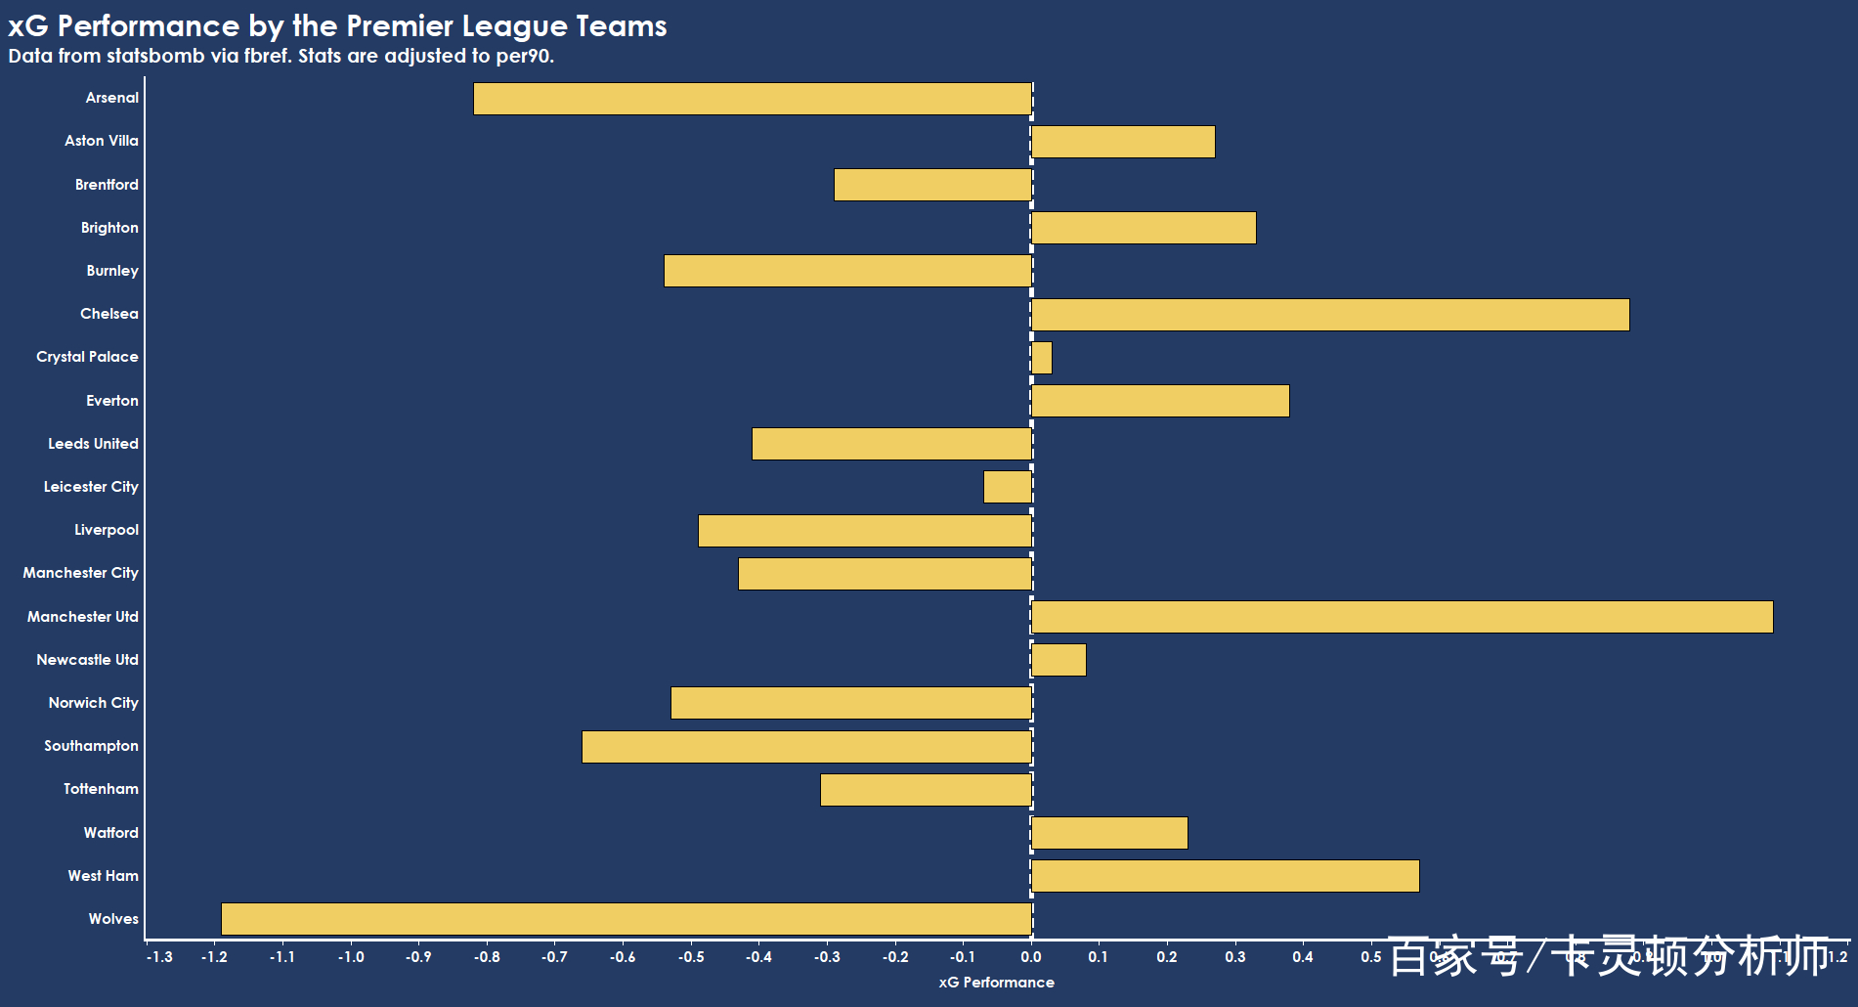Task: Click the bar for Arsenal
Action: [x=753, y=99]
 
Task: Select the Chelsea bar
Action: [x=1329, y=315]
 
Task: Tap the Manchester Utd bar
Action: [x=1402, y=617]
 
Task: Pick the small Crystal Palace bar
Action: [x=1042, y=358]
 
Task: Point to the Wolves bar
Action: [x=627, y=919]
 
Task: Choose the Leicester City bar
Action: [x=1008, y=487]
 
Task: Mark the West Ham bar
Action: [x=1225, y=876]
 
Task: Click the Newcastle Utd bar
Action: [x=1059, y=660]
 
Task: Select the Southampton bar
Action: [x=806, y=747]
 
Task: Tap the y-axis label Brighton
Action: [x=109, y=228]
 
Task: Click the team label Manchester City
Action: [x=80, y=573]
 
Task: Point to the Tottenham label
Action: [x=101, y=789]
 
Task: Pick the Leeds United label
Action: [x=93, y=444]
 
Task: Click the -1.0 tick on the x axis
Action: [x=351, y=957]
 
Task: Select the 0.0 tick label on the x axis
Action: [x=1031, y=957]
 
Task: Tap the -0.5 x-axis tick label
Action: [x=691, y=957]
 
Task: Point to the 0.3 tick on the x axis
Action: [x=1235, y=957]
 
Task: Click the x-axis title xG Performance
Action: [x=996, y=983]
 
